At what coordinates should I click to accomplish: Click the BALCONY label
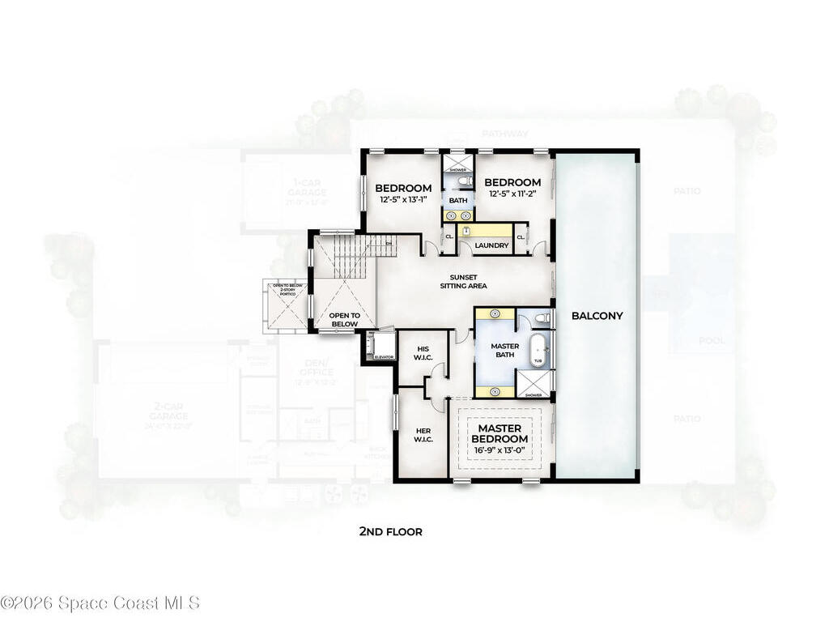pos(597,315)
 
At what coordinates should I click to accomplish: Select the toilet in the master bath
pos(543,318)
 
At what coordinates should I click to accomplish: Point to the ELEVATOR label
pos(384,356)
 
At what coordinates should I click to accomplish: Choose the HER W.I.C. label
pos(423,436)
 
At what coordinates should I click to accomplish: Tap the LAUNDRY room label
pos(491,245)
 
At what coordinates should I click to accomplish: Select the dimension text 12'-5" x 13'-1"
pos(403,202)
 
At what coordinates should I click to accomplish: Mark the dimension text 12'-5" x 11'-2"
pos(512,195)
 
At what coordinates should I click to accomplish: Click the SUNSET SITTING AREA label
pos(463,280)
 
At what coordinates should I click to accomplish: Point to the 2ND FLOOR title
pos(390,532)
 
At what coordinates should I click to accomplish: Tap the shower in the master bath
pos(534,383)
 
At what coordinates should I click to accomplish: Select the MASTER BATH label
pos(505,351)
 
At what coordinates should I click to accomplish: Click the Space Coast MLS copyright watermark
pos(100,603)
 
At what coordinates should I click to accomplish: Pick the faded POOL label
pos(712,341)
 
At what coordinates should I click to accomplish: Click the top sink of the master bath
pos(495,313)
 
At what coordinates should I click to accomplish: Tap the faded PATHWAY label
pos(504,134)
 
